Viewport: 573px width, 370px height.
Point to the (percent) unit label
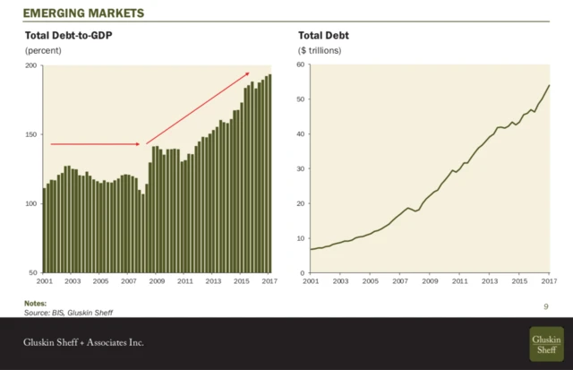click(x=42, y=51)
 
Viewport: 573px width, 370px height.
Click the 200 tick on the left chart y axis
click(x=30, y=65)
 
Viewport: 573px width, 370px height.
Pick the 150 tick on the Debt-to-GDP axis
click(x=30, y=134)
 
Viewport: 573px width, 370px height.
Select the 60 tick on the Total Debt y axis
click(x=301, y=65)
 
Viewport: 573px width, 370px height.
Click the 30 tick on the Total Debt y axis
click(x=301, y=169)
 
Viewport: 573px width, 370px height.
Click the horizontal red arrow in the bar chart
click(x=94, y=143)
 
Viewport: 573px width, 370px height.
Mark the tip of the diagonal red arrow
click(x=249, y=73)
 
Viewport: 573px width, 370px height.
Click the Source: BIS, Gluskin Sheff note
click(x=69, y=312)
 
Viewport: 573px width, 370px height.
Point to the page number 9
click(x=545, y=306)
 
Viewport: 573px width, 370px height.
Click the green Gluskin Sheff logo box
click(x=546, y=342)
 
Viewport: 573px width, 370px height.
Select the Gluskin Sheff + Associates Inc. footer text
click(x=83, y=343)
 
